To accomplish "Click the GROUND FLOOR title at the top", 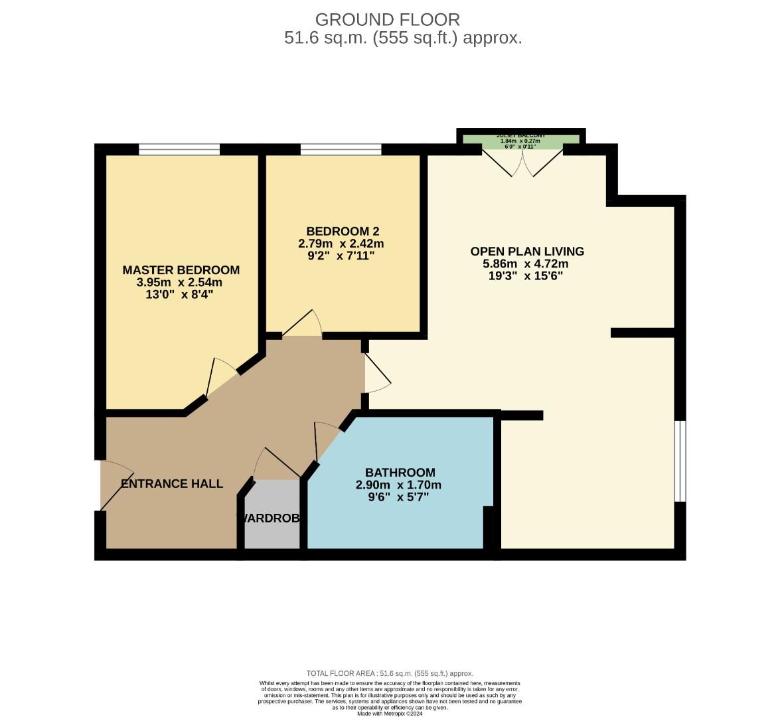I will coord(387,19).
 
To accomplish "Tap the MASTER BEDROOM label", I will coord(181,270).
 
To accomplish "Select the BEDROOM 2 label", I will coord(342,231).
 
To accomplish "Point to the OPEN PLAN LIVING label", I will coord(527,251).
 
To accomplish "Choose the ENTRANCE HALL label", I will coord(172,483).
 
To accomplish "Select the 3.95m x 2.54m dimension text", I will coord(180,282).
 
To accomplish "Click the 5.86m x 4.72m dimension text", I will coord(525,264).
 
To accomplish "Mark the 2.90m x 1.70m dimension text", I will coord(398,485).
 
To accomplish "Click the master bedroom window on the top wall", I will coord(179,149).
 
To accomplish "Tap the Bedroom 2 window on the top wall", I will coord(341,149).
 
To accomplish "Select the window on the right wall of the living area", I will coord(680,461).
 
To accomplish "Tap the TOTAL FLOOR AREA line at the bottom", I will coord(390,673).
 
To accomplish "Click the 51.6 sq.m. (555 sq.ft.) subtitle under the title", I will coord(403,38).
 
